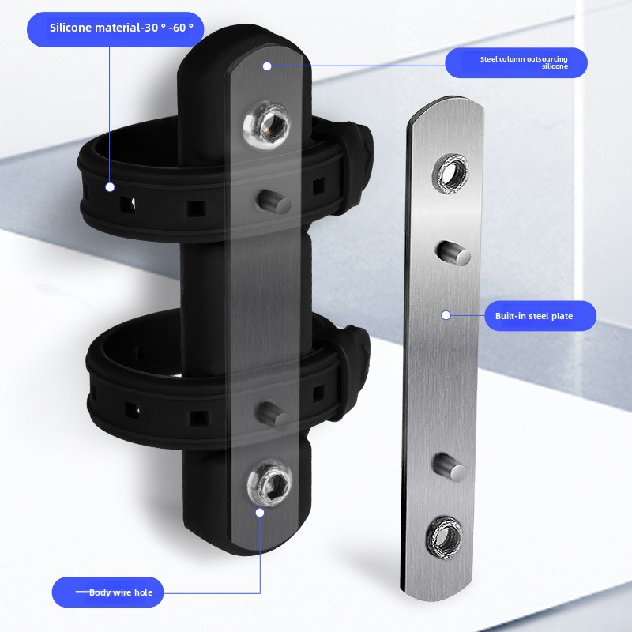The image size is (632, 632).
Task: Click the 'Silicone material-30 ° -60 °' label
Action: click(122, 28)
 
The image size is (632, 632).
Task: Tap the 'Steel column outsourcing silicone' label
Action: click(524, 62)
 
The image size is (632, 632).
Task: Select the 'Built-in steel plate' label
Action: click(534, 316)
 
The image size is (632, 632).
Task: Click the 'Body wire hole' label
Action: click(121, 592)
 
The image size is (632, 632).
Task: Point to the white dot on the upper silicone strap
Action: click(110, 187)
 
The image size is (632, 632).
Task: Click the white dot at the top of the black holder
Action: click(267, 66)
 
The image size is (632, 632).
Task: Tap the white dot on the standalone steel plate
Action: click(446, 315)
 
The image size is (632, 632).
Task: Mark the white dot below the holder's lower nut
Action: click(260, 512)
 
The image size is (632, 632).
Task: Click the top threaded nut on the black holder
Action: click(267, 124)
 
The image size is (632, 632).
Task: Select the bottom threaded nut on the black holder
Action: click(269, 482)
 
